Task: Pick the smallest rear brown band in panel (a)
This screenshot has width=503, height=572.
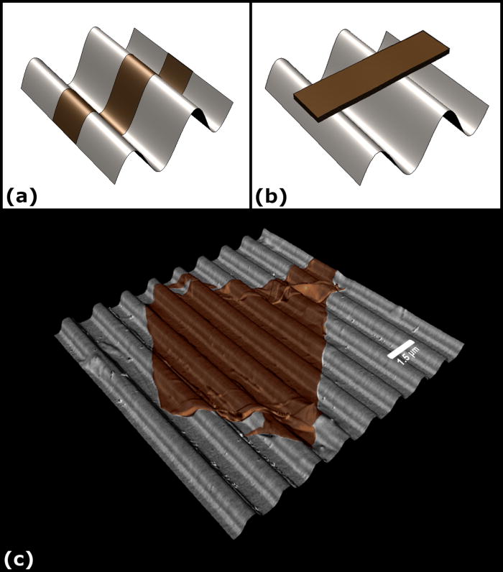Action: pyautogui.click(x=174, y=69)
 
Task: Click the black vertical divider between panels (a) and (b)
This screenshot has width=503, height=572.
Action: pyautogui.click(x=250, y=104)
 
